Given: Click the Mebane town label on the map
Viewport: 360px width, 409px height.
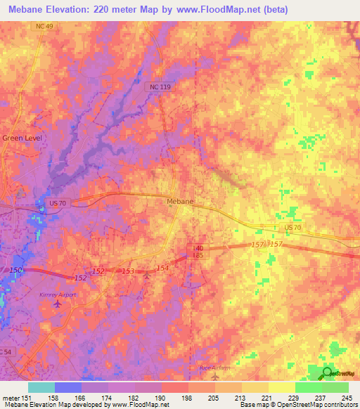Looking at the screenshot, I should [179, 201].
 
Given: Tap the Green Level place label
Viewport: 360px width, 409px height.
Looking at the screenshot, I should [22, 138].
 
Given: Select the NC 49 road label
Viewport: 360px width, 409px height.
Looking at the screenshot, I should [46, 26].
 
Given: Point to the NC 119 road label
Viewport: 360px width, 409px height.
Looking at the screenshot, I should [159, 86].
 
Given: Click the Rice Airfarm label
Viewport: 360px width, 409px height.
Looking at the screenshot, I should [213, 368].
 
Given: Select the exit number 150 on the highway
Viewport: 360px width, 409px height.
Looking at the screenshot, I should [17, 271].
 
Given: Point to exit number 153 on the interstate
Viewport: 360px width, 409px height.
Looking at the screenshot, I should [128, 271].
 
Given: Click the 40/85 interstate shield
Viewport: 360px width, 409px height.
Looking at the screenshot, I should [200, 252].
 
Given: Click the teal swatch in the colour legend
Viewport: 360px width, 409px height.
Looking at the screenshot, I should [41, 387].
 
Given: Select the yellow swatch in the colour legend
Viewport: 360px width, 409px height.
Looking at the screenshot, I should [282, 387].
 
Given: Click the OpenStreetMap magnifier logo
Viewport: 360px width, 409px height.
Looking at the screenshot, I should [327, 372].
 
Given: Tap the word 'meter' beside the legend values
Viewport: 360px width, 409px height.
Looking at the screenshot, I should [11, 398].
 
